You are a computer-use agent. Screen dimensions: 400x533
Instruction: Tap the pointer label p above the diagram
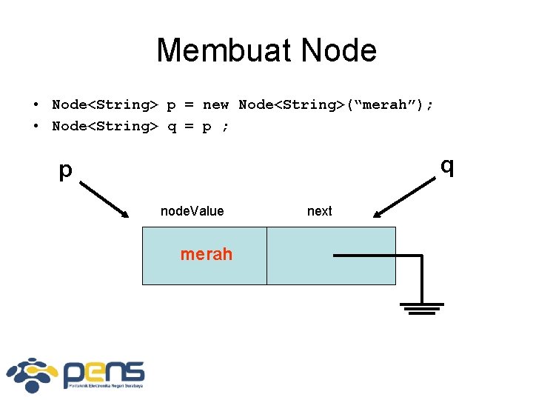pos(66,170)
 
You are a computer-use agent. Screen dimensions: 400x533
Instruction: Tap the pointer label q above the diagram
pos(446,166)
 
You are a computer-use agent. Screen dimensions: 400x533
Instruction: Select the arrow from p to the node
pos(104,198)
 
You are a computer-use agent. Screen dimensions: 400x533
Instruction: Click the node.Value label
pos(192,211)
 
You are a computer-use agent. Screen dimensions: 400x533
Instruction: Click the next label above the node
pos(319,211)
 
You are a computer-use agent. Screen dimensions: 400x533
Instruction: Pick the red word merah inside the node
pos(206,254)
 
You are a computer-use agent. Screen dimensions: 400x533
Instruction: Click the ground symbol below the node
pos(422,307)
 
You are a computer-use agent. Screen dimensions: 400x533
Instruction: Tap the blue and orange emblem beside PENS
pos(33,375)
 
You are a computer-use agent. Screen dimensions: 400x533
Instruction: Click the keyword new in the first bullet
pos(215,104)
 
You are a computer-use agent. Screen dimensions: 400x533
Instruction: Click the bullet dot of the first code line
pos(36,105)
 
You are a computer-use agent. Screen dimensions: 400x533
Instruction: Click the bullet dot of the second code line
pos(36,127)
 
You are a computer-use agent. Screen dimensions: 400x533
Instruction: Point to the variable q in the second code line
pos(172,127)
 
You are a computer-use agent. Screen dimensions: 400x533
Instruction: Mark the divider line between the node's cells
pos(266,256)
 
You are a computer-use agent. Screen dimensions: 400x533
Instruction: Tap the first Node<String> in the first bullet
pos(104,104)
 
